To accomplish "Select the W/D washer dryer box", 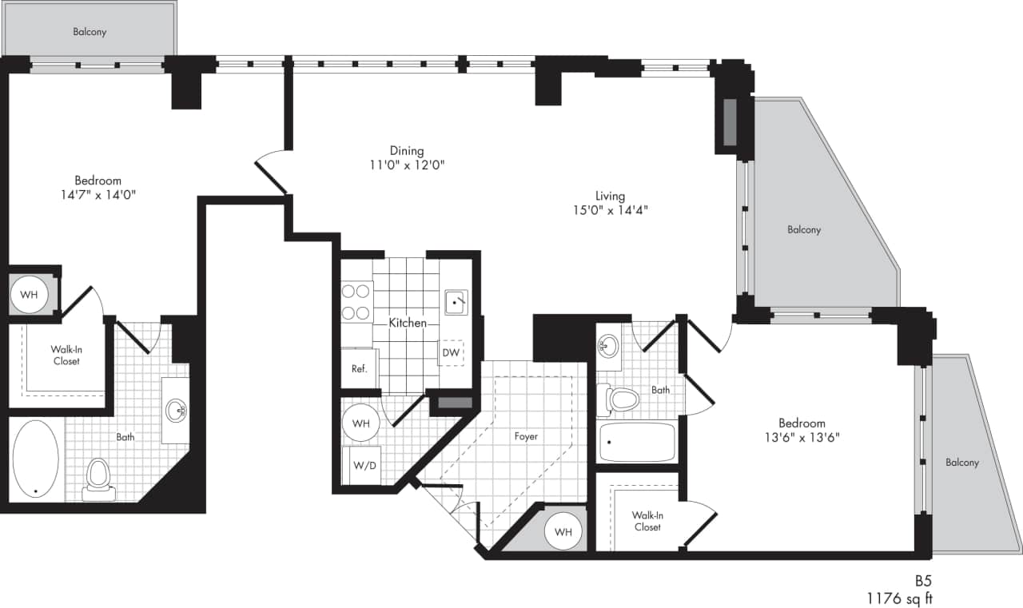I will [360, 465].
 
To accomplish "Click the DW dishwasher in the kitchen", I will [451, 352].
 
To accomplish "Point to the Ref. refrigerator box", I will [359, 369].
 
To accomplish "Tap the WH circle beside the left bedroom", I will [29, 295].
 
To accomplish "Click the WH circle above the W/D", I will [360, 423].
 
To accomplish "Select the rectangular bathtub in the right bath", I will [637, 443].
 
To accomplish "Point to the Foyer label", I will [526, 436].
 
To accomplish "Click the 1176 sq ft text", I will [900, 596].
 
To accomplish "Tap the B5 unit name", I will [924, 581].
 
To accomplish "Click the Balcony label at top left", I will [90, 32].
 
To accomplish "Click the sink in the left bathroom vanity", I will [176, 411].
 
